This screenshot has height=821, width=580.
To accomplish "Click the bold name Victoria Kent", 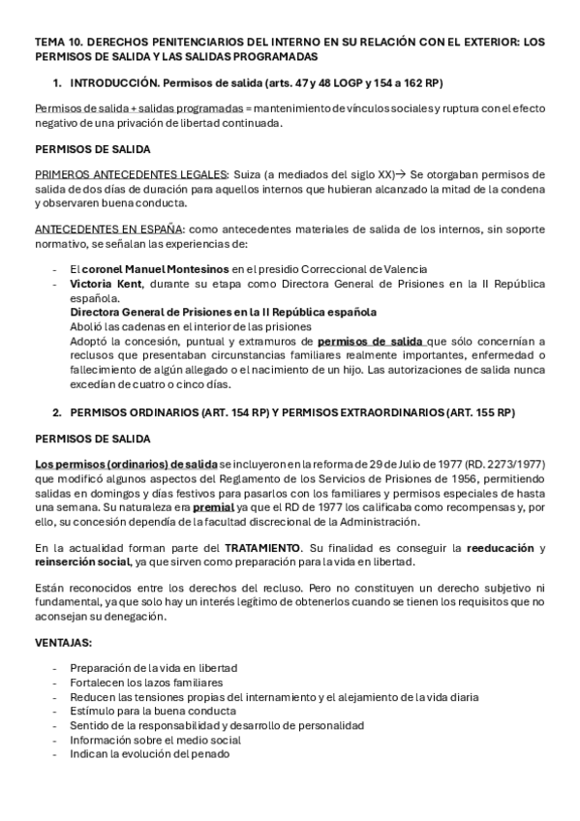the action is [x=106, y=284].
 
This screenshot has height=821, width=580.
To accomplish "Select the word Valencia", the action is [x=403, y=268].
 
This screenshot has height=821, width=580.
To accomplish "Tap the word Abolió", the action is [x=89, y=327].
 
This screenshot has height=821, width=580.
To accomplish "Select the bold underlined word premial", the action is [x=213, y=507].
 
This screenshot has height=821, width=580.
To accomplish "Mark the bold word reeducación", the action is [x=501, y=548].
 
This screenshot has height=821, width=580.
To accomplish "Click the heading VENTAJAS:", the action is [x=64, y=642].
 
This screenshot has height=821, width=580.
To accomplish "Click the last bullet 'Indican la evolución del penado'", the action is [x=149, y=753].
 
